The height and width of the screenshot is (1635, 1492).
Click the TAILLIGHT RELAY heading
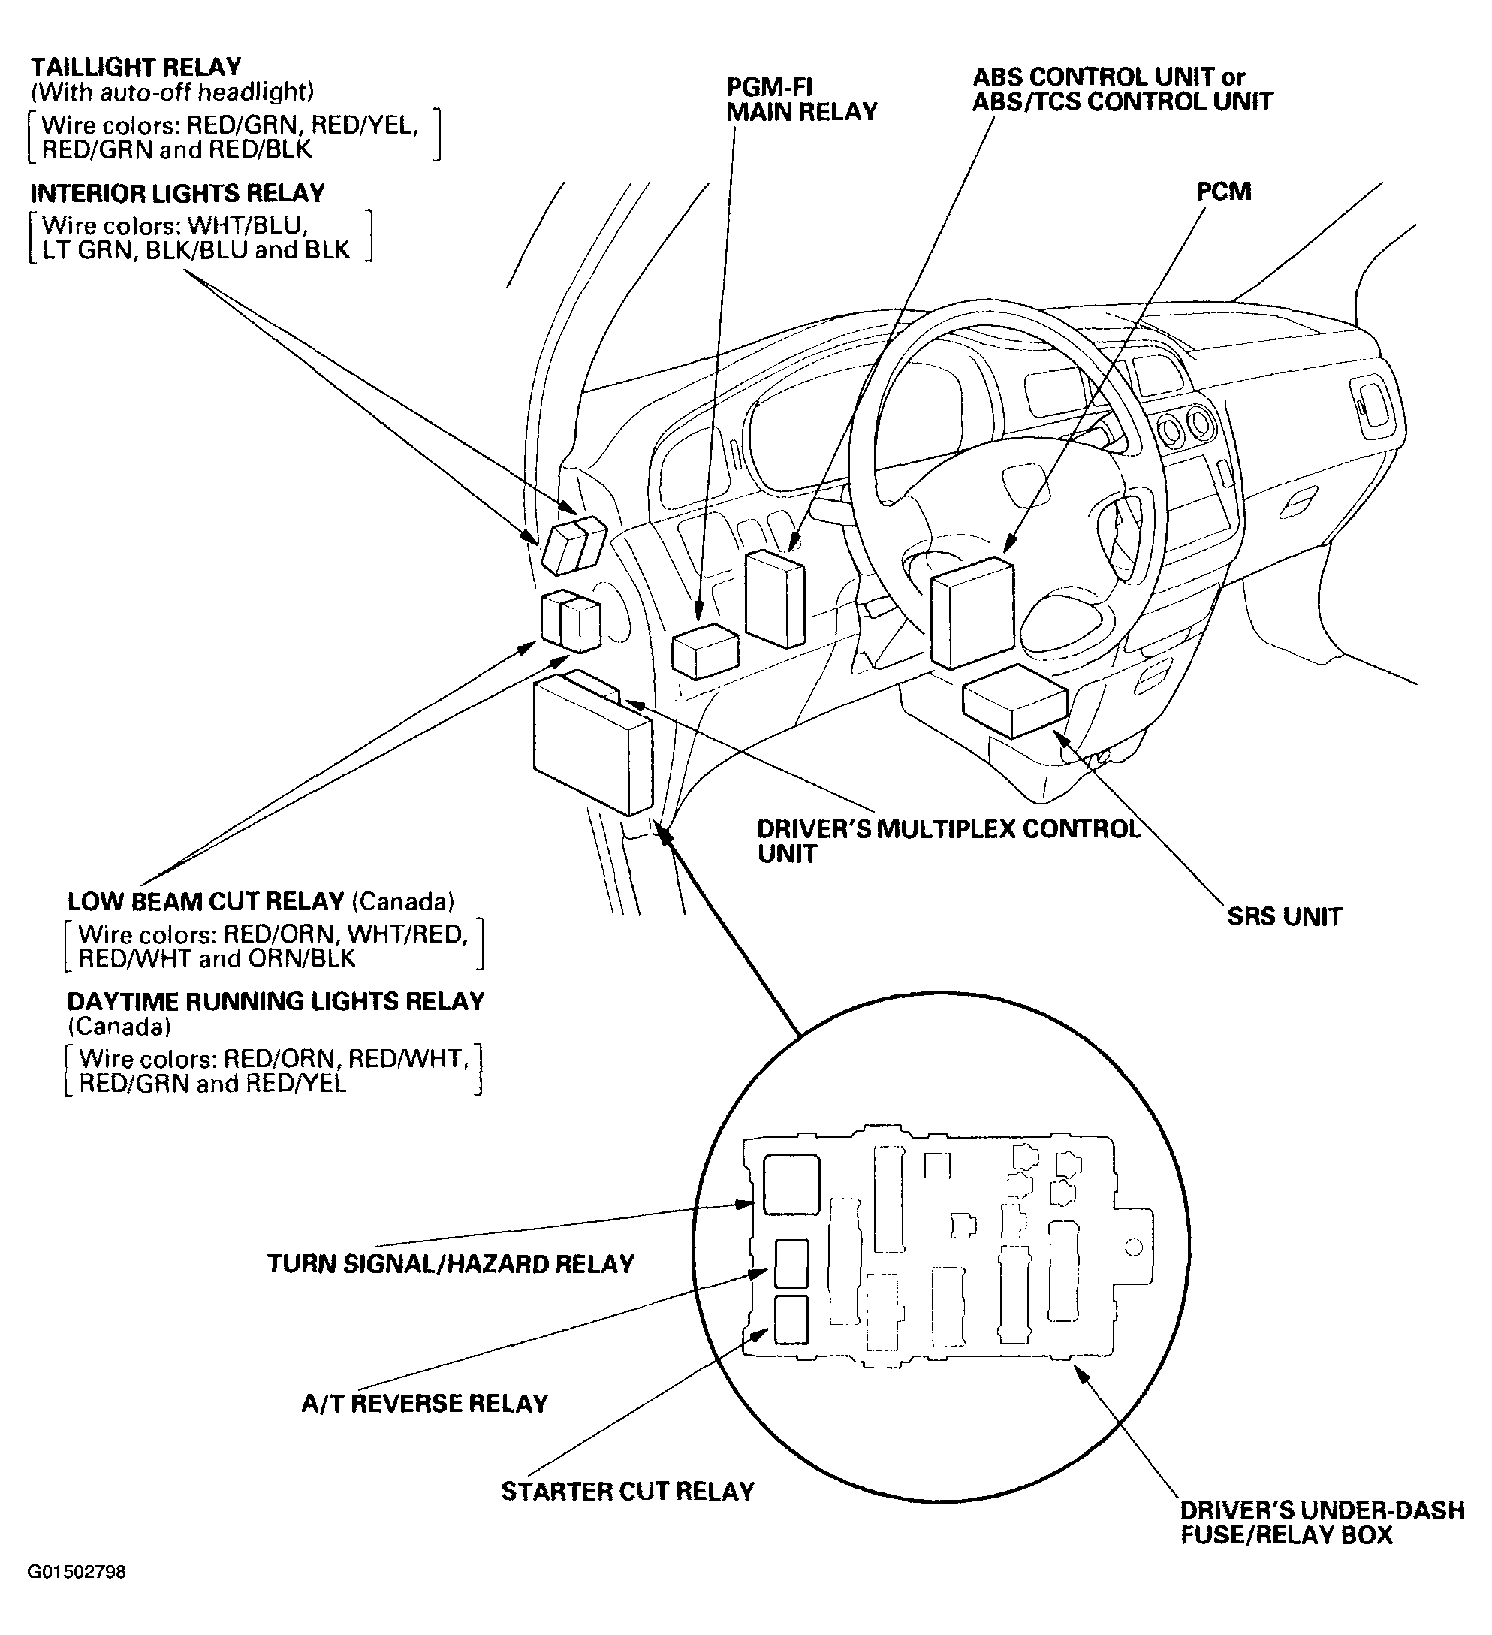[x=135, y=67]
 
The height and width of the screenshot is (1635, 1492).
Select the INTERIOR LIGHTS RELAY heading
[x=176, y=193]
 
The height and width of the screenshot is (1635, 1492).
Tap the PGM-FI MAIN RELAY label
[x=800, y=99]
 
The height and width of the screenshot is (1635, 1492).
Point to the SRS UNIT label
[x=1285, y=916]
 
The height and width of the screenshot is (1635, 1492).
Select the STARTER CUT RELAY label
[x=628, y=1491]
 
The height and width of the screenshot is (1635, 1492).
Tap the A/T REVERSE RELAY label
[x=425, y=1403]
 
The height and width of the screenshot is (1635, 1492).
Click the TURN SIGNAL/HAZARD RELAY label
[x=451, y=1263]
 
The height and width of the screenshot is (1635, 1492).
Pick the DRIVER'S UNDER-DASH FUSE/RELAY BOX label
[x=1322, y=1522]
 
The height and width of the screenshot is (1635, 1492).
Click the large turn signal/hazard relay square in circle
[x=791, y=1185]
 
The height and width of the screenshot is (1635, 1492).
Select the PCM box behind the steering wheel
[x=972, y=612]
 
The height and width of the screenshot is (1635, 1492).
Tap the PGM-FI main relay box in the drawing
[x=704, y=651]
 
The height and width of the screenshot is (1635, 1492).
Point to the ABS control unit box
[x=774, y=598]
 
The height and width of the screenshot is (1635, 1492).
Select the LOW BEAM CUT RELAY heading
[x=206, y=901]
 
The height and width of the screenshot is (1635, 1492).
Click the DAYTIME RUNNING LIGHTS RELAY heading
[x=276, y=1002]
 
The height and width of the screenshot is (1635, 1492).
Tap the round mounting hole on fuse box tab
[x=1135, y=1247]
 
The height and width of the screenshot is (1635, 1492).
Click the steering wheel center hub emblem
[x=1026, y=481]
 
